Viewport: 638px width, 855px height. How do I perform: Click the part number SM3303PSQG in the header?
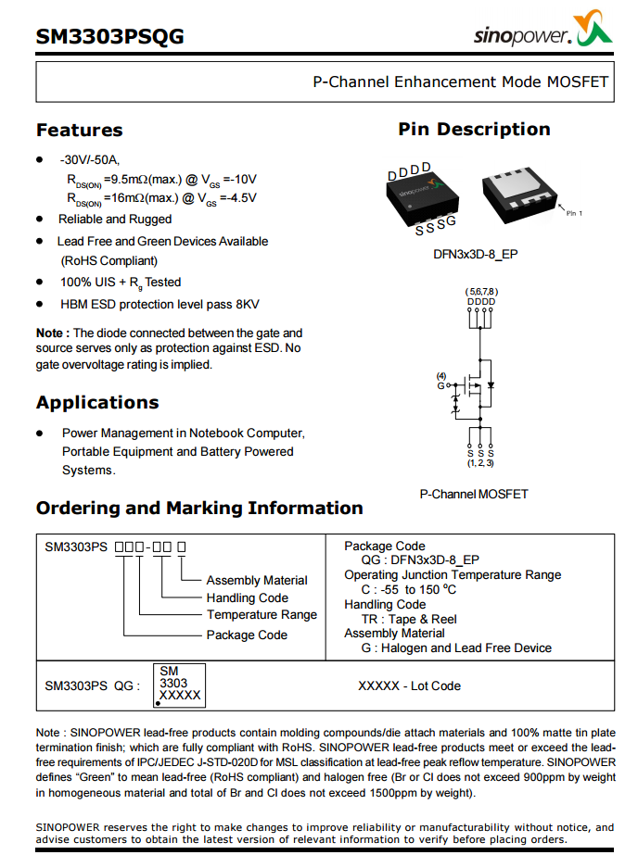[109, 37]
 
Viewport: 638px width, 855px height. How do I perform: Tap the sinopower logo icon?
[594, 32]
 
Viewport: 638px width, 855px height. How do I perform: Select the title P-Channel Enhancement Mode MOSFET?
[460, 82]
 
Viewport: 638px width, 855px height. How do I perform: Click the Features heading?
[79, 131]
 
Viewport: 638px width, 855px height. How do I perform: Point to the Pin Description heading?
[474, 130]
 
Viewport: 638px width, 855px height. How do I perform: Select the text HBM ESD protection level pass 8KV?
[159, 304]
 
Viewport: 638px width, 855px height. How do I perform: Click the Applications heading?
[97, 403]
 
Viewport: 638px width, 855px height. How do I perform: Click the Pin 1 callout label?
[575, 213]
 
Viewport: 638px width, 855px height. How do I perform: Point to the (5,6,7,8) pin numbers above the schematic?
[480, 292]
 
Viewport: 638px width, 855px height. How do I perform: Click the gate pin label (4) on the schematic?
[441, 376]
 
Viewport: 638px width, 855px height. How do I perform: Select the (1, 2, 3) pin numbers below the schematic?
[480, 462]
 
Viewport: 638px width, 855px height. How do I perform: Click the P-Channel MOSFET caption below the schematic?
[474, 495]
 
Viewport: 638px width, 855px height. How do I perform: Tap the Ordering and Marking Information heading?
[199, 509]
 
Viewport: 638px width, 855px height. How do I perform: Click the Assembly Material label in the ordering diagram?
[257, 580]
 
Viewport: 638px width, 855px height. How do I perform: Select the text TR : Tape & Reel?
[409, 619]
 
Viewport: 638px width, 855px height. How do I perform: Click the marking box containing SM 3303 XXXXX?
[178, 685]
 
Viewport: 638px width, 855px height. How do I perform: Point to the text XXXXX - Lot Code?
[409, 686]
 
